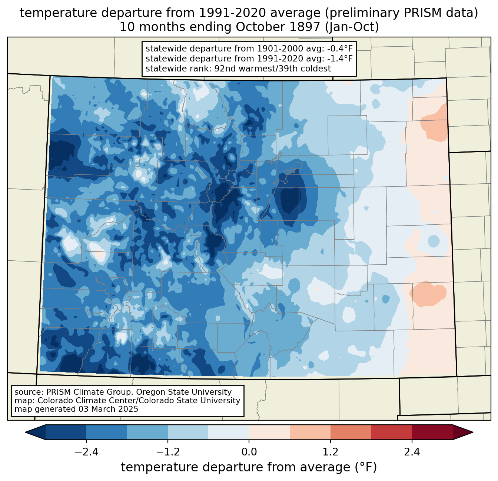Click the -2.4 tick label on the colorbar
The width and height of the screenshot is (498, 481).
point(86,452)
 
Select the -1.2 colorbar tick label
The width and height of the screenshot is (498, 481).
point(168,452)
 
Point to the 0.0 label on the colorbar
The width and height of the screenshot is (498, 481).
point(249,452)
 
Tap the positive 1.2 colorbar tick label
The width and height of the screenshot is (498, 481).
point(331,452)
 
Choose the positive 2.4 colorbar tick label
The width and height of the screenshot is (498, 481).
point(412,452)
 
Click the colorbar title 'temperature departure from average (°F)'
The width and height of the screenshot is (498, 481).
point(249,467)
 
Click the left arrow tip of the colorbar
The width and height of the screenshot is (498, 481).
point(25,432)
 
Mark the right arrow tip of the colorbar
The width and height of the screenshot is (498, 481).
point(473,432)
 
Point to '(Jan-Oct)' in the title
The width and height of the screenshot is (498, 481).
point(352,27)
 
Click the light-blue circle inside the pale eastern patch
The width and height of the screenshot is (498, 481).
point(434,241)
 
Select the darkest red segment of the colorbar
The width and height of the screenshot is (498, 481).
point(432,432)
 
